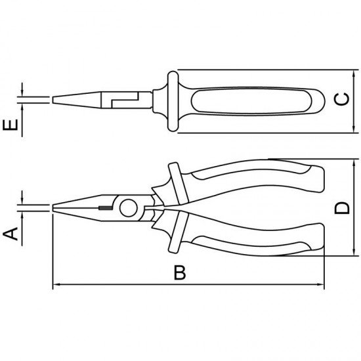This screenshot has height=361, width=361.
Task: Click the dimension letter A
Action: pos(11,232)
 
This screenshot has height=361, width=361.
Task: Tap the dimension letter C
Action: pos(342,100)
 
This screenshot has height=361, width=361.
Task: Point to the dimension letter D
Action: pos(342,208)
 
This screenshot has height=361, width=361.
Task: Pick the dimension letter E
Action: pos(11,124)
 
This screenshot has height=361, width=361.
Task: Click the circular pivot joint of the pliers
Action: pos(128,209)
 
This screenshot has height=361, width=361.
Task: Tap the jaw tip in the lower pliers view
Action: pos(55,209)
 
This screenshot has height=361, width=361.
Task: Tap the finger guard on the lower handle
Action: pos(174,242)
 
